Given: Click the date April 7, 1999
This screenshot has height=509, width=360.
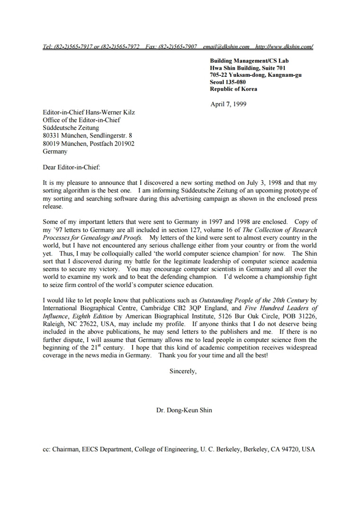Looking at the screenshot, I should tap(228, 104).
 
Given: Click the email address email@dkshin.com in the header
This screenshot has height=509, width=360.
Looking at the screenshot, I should tap(226, 46).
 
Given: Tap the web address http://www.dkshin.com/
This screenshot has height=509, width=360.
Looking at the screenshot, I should tap(284, 46).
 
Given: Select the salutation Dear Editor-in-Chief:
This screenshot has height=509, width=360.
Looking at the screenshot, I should tap(72, 167).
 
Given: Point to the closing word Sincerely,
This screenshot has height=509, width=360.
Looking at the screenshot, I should tap(183, 371).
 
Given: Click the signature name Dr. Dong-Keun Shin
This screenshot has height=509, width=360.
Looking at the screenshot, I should tap(184, 410).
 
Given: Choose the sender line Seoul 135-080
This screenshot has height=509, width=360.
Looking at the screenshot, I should tap(228, 82).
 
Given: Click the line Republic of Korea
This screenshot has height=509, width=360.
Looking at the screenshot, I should tap(234, 89).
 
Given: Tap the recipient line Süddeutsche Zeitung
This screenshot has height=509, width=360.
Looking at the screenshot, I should tap(71, 127).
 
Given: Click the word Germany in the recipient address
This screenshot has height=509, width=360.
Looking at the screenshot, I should tap(55, 152).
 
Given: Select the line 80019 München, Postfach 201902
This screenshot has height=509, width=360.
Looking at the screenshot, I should tap(89, 144).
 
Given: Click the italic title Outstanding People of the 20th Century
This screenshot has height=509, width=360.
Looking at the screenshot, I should tap(253, 300).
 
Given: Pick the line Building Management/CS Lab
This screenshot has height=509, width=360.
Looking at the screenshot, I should tap(249, 61).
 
